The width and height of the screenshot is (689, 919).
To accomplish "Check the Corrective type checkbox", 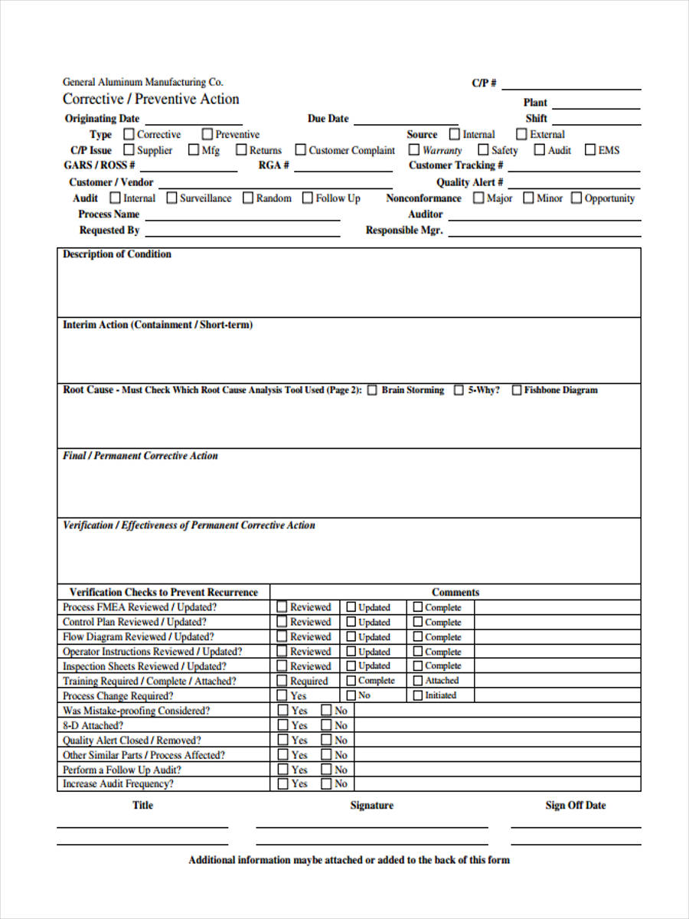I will pos(129,134).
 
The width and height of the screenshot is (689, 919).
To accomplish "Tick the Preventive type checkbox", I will pos(207,134).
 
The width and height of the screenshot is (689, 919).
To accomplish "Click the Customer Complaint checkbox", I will pos(301,150).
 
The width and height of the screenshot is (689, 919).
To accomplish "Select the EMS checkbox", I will pos(590,150).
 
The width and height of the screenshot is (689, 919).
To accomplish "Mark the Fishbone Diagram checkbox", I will pos(517,390).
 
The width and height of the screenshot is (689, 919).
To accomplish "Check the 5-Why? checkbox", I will pos(459,390).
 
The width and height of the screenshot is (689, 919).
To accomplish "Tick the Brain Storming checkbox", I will pos(372,390).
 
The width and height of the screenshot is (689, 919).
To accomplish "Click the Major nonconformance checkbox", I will pos(478,198).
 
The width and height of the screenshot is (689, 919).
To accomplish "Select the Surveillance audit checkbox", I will pos(172,198).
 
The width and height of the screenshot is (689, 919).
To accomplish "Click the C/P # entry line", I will pos(571,86).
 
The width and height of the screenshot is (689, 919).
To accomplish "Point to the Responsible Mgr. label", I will pos(403,231).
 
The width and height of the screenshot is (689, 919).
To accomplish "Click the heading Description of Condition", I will pos(117,254).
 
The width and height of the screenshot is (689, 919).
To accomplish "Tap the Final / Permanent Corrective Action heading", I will pos(140,456).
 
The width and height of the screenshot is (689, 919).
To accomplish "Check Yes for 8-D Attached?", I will pos(282,725).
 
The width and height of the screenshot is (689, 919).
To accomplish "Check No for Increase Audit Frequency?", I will pos(326,783).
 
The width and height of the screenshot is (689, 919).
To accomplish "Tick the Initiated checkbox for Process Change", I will pos(418,695).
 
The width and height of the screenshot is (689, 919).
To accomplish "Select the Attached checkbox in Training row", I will pos(418,681).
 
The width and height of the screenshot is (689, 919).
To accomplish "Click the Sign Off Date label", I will pos(575,806).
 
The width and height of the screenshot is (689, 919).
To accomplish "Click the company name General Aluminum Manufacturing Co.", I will pos(143,82).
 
